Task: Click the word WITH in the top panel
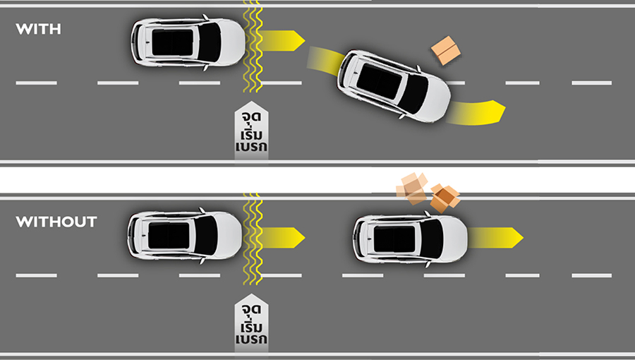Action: point(39,29)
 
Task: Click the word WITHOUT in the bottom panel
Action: point(56,222)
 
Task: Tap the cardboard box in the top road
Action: point(446,50)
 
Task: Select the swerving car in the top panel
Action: point(394,86)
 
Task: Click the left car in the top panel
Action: point(188,42)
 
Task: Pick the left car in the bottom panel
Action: point(185,235)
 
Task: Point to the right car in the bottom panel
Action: point(410,239)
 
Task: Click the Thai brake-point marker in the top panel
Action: point(251,131)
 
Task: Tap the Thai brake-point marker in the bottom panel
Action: point(251,324)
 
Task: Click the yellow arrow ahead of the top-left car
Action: point(282,40)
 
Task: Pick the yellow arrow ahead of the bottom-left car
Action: point(282,238)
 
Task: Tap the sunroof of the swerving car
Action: point(380,81)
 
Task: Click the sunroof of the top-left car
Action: point(173,42)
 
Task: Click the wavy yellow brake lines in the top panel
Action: point(253,46)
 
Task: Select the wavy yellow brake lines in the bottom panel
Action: point(253,239)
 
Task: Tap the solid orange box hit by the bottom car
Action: point(445,198)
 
